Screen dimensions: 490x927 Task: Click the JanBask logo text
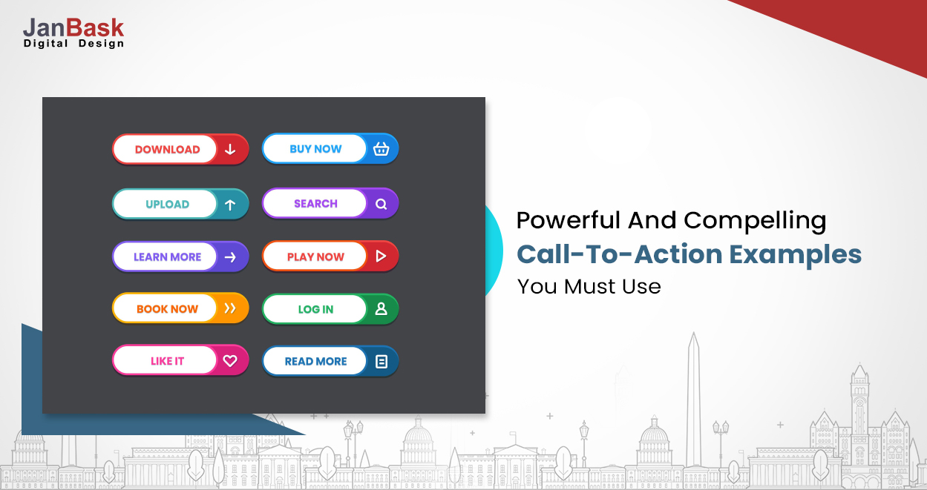point(73,27)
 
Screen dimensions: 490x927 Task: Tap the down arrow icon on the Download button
point(230,149)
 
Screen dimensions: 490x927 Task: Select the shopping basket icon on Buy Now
point(381,148)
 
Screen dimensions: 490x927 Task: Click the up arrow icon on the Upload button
point(230,205)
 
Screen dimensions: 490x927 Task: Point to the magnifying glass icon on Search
point(381,204)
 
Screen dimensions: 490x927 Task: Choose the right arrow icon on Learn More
point(230,257)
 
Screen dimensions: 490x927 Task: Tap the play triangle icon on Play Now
point(381,256)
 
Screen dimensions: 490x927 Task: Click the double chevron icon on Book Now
point(230,308)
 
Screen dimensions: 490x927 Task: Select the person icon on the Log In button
point(381,309)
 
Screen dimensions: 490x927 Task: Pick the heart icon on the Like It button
point(230,361)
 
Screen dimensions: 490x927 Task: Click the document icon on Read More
point(381,362)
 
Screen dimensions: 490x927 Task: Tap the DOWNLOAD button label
point(167,149)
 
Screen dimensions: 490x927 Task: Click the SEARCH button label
point(315,204)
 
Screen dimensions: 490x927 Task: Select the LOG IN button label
point(315,309)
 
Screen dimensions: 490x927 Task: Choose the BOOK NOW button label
point(167,309)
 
